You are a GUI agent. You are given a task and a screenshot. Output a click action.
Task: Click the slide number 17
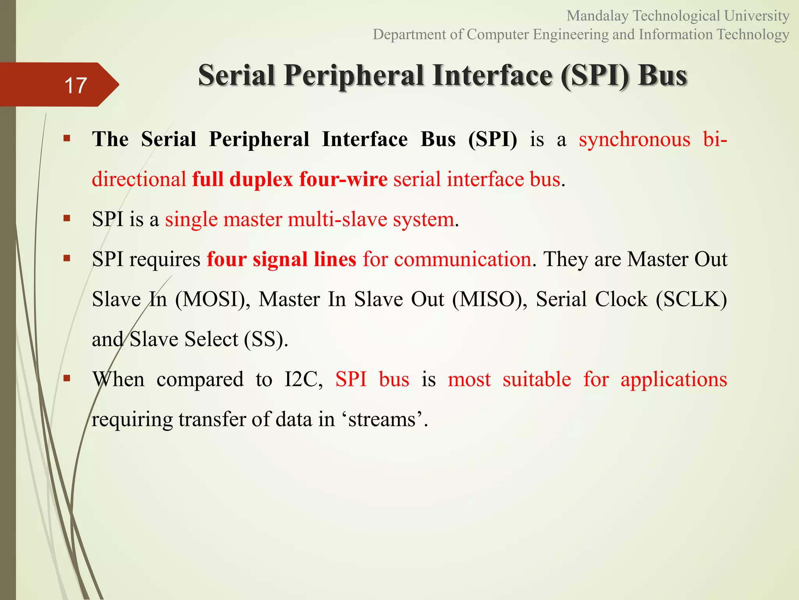75,85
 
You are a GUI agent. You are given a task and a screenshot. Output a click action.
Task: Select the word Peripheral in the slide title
353,75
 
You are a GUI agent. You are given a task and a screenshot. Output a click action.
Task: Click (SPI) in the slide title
595,75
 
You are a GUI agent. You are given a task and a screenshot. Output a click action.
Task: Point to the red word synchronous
634,139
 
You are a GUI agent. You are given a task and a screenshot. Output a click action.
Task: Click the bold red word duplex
261,180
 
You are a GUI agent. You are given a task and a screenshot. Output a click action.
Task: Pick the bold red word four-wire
343,180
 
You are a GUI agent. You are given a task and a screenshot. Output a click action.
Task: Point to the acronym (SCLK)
691,300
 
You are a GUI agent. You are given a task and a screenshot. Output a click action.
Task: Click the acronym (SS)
266,339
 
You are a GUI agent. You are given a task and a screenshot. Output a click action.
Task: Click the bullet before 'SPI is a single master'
67,218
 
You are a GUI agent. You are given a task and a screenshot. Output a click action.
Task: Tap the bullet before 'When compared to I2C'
67,378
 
